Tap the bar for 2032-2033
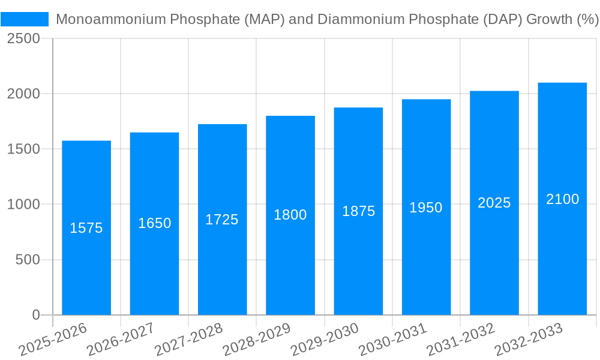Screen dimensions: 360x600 tap(562, 252)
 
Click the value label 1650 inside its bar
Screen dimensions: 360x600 tap(154, 223)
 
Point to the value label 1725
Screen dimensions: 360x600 tap(222, 220)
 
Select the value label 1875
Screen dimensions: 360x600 tap(358, 211)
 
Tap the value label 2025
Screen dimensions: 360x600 tap(494, 203)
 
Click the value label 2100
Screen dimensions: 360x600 tap(562, 199)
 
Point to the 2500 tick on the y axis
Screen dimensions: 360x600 tap(23, 38)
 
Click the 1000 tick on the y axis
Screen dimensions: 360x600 tap(23, 205)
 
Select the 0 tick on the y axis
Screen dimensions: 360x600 tap(35, 315)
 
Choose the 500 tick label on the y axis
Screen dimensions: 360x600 tap(27, 260)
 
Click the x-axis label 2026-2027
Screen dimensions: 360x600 tap(121, 340)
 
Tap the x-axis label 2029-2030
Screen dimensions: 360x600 tap(325, 340)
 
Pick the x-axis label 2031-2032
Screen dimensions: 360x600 tap(461, 340)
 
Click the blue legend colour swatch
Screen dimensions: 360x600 tap(25, 19)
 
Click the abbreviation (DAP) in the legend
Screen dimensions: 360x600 tap(502, 19)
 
